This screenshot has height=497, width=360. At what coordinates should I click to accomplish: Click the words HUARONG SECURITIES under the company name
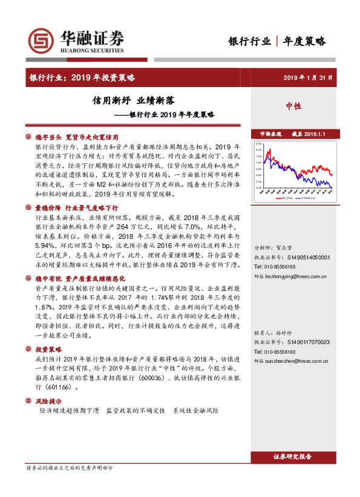tap(85, 51)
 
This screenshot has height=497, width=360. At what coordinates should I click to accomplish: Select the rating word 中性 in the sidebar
tap(293, 106)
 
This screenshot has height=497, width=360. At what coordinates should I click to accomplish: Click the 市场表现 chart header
tap(271, 133)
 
